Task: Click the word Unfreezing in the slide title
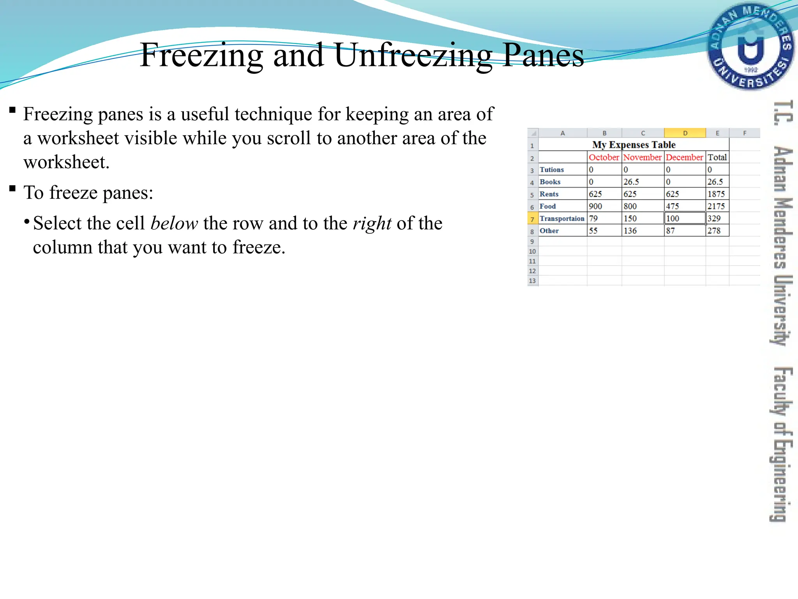click(x=413, y=55)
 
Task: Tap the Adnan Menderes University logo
click(x=750, y=46)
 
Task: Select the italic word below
click(x=174, y=223)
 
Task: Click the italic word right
click(x=372, y=223)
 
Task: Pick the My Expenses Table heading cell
click(x=634, y=145)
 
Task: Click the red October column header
click(x=604, y=157)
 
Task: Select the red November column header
click(x=642, y=157)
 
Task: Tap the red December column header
click(x=684, y=157)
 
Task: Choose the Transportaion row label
click(x=562, y=218)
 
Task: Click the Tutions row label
click(x=552, y=170)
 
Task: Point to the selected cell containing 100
click(x=684, y=218)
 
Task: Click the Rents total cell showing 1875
click(x=716, y=194)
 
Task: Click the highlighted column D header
click(x=685, y=133)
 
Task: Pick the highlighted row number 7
click(x=532, y=219)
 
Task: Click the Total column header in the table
click(x=717, y=157)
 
